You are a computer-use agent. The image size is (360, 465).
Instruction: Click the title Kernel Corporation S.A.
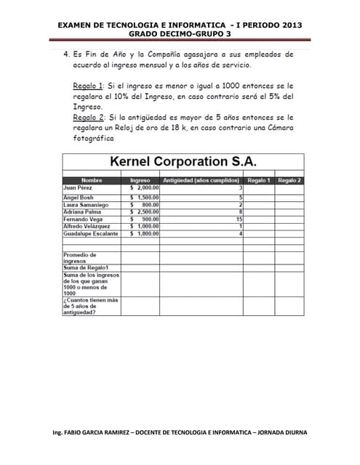(x=183, y=162)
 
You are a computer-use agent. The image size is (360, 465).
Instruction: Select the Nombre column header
(x=92, y=180)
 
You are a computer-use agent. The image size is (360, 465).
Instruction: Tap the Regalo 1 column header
(x=258, y=180)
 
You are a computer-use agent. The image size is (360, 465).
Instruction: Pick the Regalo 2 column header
(x=289, y=180)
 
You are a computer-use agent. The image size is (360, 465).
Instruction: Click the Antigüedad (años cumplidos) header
(x=201, y=180)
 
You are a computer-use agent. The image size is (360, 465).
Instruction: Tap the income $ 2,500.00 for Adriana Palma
(x=144, y=212)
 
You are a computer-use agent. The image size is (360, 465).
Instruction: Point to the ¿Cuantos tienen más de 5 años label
(x=91, y=306)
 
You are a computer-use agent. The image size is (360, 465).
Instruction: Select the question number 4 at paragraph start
(x=66, y=54)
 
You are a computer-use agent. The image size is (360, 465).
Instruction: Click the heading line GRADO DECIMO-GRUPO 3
(x=180, y=33)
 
